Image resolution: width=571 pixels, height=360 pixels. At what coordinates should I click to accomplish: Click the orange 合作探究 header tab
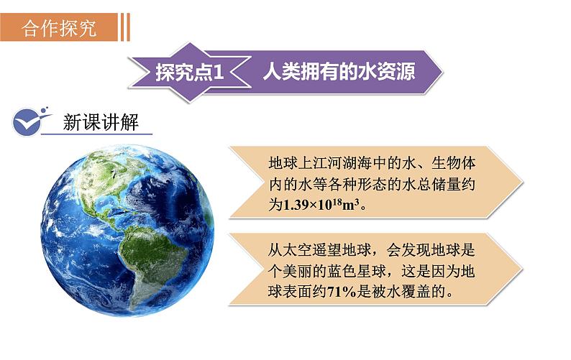58,28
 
